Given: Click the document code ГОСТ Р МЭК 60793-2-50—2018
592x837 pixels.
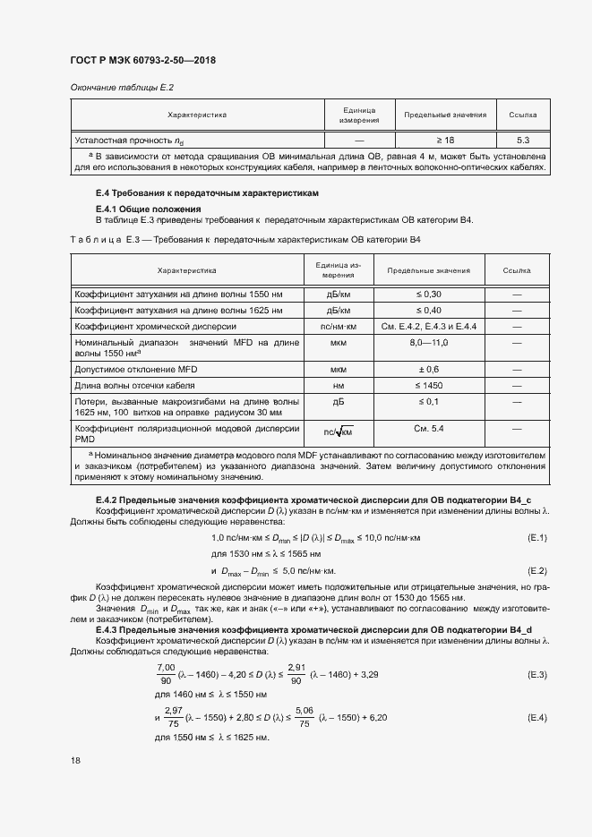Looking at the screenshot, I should [143, 61].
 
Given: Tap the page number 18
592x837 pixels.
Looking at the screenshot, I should [75, 760].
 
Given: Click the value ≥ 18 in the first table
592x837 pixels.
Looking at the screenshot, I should [444, 141].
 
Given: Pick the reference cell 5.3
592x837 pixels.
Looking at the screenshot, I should [523, 141].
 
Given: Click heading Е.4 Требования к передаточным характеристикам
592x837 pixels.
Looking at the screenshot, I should [207, 193].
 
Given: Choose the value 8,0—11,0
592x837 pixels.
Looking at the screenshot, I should [429, 343].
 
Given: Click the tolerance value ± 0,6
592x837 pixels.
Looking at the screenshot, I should [429, 369].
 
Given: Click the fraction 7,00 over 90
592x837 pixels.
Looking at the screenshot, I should [167, 673].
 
